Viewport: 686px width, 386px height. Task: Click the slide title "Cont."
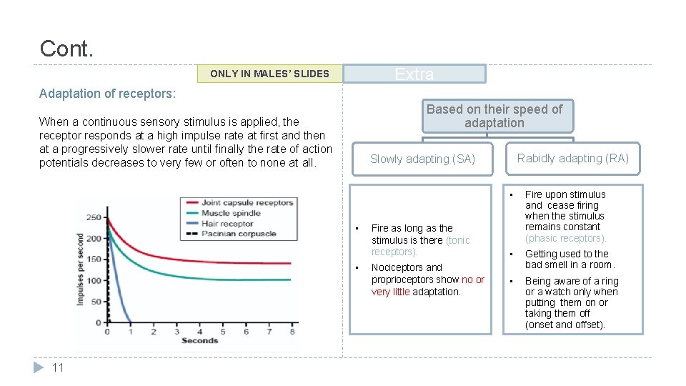tap(66, 49)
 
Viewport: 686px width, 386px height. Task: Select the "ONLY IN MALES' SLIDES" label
tap(269, 74)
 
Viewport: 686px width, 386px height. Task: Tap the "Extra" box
tap(414, 74)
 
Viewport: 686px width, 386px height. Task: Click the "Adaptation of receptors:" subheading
tap(107, 94)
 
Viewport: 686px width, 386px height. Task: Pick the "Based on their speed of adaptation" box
tap(494, 116)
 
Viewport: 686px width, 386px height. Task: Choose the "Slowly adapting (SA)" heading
tap(422, 159)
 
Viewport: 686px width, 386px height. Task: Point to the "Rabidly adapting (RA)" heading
tap(573, 159)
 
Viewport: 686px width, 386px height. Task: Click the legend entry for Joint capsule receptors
tap(247, 203)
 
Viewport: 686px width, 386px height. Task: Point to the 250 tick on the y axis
tap(94, 217)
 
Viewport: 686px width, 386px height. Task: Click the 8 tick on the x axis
tap(292, 332)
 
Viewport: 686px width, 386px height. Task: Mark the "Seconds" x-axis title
tap(199, 341)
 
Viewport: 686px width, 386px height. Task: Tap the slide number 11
tap(59, 367)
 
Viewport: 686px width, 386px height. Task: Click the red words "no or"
tap(472, 279)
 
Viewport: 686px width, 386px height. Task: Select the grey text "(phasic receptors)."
tap(565, 238)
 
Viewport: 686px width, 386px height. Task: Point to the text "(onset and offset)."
tap(565, 325)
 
